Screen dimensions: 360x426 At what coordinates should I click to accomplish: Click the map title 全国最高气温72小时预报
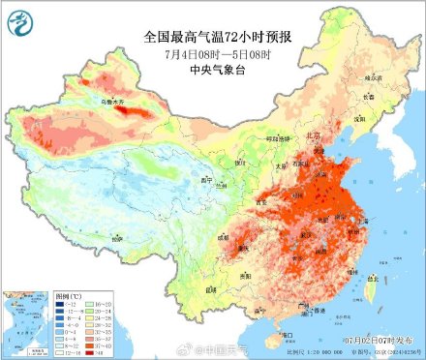tap(214, 37)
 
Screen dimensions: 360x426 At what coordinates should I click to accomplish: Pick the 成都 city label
tap(226, 235)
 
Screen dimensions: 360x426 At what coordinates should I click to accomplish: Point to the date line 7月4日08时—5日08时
tap(214, 52)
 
